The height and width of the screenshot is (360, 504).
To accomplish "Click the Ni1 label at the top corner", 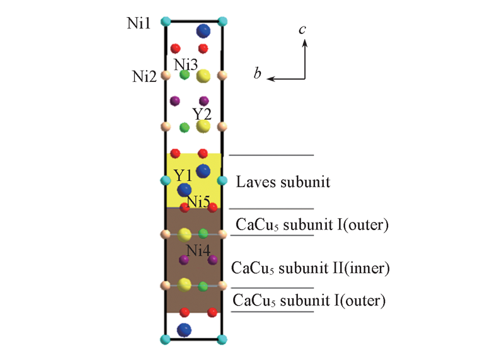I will (139, 24).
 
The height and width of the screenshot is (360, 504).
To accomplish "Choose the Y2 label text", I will (202, 114).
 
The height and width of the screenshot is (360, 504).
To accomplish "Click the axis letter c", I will (303, 29).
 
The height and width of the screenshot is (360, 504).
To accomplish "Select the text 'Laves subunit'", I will (283, 183).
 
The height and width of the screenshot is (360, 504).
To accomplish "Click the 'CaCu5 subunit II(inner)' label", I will (312, 268).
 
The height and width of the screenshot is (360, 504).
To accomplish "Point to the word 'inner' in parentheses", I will (374, 268).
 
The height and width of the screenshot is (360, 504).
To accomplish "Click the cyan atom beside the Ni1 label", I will (166, 22).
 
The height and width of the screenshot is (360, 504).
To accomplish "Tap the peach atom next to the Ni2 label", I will (166, 76).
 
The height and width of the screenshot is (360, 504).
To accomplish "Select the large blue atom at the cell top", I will (203, 30).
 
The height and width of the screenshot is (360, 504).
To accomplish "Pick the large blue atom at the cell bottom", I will (185, 329).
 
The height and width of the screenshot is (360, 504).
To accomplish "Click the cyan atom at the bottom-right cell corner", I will (222, 340).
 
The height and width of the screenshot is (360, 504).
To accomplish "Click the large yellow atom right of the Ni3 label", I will (203, 76).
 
